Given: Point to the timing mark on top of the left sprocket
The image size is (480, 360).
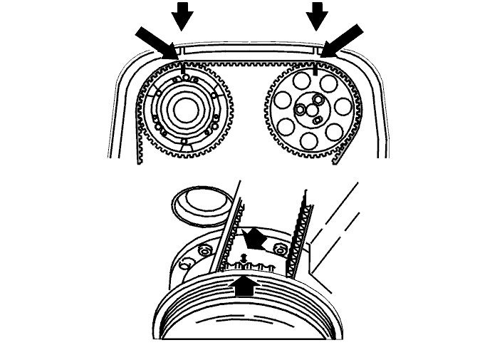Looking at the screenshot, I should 183,68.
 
